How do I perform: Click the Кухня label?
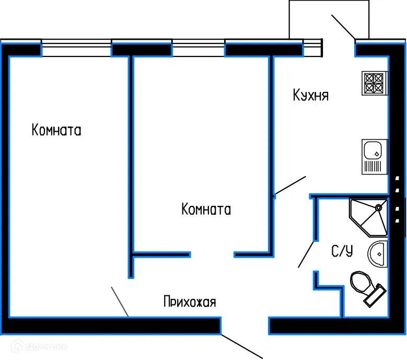click(310, 96)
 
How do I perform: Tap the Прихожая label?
click(189, 301)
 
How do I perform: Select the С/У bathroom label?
click(342, 252)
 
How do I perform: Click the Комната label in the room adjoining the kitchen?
click(206, 210)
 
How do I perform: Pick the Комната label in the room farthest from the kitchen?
click(56, 130)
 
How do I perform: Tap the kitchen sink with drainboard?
click(374, 157)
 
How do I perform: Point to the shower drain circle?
click(379, 207)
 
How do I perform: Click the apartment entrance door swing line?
click(241, 345)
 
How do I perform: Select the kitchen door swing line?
click(290, 186)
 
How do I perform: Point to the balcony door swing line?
click(343, 27)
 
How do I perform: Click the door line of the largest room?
click(120, 301)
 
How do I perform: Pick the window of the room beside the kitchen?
click(199, 49)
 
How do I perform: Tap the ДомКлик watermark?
click(37, 346)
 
